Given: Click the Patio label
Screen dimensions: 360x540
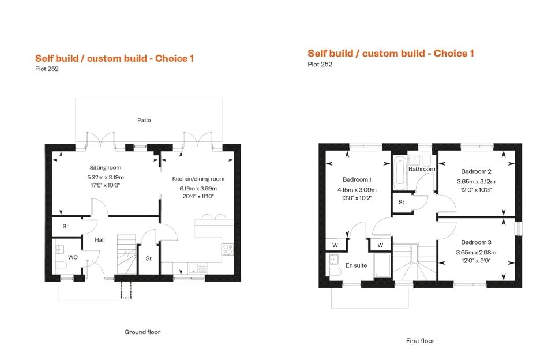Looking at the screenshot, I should point(144,121).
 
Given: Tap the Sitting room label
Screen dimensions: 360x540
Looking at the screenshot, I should point(106,167).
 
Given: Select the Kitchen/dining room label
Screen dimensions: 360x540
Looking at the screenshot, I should point(198,179).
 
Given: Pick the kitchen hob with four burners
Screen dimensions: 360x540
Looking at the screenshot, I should point(227,249).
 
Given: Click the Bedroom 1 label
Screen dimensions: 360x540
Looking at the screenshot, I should point(357,179).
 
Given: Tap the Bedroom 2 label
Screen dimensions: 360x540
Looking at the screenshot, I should point(476,171).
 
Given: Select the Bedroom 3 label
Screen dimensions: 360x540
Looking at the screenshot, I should point(476,242).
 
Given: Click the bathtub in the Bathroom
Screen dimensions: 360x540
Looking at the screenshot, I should point(400,172).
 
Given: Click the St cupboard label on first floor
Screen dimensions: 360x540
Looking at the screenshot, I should point(401,202).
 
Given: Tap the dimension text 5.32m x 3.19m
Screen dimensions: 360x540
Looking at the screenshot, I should point(106,177).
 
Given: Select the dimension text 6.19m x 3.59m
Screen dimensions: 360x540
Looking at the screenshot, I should point(198,188).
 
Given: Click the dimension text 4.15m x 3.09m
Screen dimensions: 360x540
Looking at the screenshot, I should point(357,189).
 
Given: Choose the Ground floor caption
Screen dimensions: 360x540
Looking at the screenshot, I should point(142,332).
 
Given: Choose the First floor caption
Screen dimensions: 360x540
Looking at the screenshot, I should point(420,341).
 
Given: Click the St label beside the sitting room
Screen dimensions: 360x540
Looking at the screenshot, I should point(66,227).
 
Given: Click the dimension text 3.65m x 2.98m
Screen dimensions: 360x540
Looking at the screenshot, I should point(476,252).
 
